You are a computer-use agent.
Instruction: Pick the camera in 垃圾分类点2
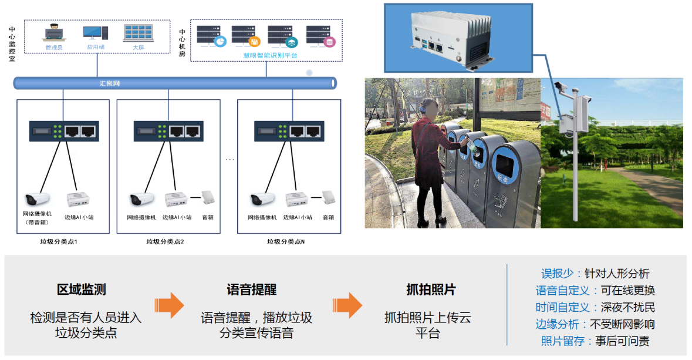pyautogui.click(x=141, y=200)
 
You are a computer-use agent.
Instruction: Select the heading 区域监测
pyautogui.click(x=81, y=290)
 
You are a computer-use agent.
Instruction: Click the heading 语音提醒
pyautogui.click(x=251, y=290)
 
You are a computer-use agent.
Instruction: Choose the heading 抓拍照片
pyautogui.click(x=430, y=290)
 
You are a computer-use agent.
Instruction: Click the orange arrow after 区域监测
pyautogui.click(x=169, y=305)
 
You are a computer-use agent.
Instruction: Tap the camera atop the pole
pyautogui.click(x=563, y=87)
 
